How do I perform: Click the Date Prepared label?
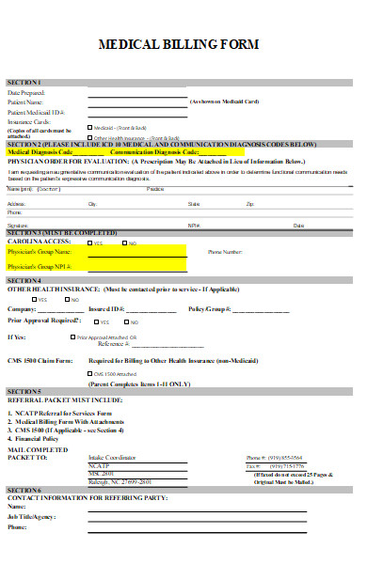pos(26,93)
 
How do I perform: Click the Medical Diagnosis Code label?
pos(40,151)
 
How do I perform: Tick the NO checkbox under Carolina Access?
pos(122,243)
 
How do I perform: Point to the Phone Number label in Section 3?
pos(226,252)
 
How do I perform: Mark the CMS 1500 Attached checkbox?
pos(89,373)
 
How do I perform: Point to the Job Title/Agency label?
pos(31,517)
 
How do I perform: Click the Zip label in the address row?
pos(249,203)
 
